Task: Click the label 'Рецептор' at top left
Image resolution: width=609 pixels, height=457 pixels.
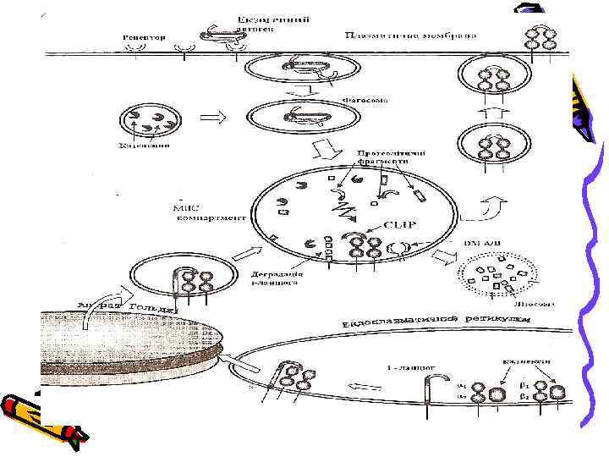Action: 144,38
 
